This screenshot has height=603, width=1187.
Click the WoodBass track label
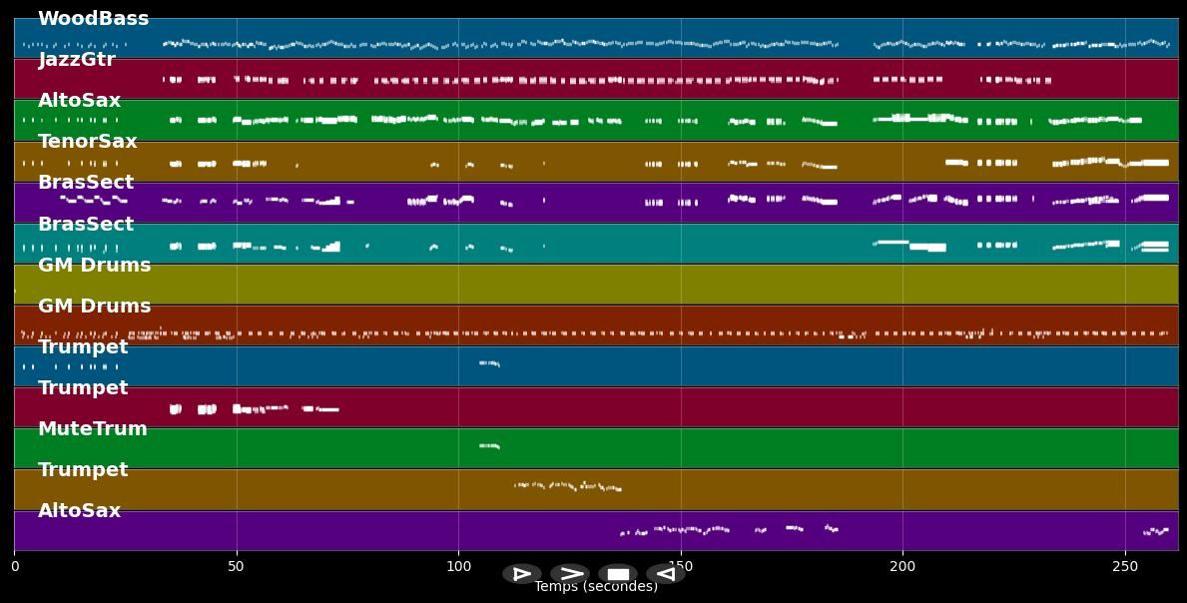(x=93, y=19)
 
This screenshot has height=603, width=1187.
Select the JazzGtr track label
(x=77, y=60)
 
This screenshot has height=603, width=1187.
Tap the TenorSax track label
(x=87, y=142)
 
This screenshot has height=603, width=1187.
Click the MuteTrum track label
(x=92, y=429)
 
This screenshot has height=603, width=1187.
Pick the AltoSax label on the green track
(x=79, y=101)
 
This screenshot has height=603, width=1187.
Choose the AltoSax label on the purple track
(x=79, y=511)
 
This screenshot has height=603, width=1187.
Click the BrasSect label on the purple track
(x=85, y=183)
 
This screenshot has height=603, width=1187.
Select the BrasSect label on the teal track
(x=85, y=225)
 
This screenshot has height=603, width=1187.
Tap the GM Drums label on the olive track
(x=94, y=266)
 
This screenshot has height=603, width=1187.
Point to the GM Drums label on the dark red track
(x=94, y=306)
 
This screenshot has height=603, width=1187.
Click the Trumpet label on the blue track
(x=83, y=347)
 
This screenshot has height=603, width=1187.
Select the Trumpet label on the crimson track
(x=83, y=388)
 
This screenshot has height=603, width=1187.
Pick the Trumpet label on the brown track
(x=83, y=470)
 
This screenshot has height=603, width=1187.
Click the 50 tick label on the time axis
(x=237, y=567)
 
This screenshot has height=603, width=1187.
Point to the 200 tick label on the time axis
(x=902, y=567)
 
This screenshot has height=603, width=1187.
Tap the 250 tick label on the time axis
(x=1125, y=567)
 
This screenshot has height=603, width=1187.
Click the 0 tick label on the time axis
(x=14, y=567)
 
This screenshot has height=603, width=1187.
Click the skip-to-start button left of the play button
(x=521, y=574)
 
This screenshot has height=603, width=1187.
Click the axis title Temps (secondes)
(x=596, y=587)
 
